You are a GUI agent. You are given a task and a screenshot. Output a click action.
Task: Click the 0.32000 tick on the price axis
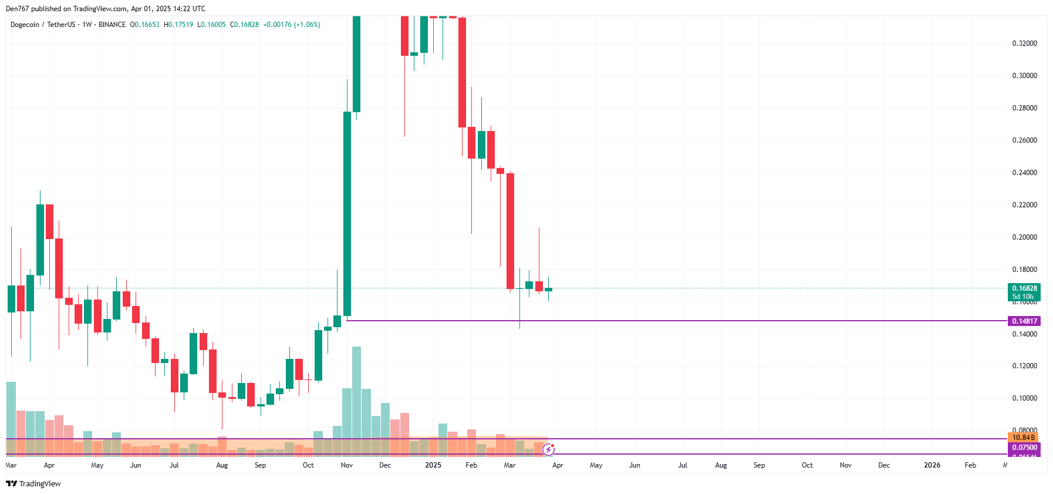pos(1024,43)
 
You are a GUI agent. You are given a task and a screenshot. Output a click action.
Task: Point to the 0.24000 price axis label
pos(1024,173)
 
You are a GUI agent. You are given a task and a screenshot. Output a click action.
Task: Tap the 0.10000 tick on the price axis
pos(1024,398)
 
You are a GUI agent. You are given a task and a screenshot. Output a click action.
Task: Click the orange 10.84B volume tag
pos(1024,438)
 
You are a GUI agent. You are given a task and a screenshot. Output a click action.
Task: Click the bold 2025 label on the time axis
pos(433,465)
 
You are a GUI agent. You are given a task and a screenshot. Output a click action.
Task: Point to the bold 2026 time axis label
pos(932,465)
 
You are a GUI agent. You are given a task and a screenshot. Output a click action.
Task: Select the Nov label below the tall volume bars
pos(347,465)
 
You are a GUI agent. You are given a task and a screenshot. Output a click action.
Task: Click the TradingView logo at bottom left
pos(33,483)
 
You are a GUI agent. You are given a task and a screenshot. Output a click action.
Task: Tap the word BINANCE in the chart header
pos(112,25)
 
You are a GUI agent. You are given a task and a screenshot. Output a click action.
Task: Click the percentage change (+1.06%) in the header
pos(307,25)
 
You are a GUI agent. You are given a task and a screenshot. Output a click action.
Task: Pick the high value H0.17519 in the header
pos(178,25)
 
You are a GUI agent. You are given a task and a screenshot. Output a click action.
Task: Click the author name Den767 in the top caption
pos(16,9)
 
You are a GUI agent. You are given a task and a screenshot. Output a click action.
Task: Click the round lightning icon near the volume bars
pos(548,450)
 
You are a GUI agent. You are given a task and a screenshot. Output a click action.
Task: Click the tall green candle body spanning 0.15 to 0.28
pos(347,214)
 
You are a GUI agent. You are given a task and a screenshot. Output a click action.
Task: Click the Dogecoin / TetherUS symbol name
pos(43,25)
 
